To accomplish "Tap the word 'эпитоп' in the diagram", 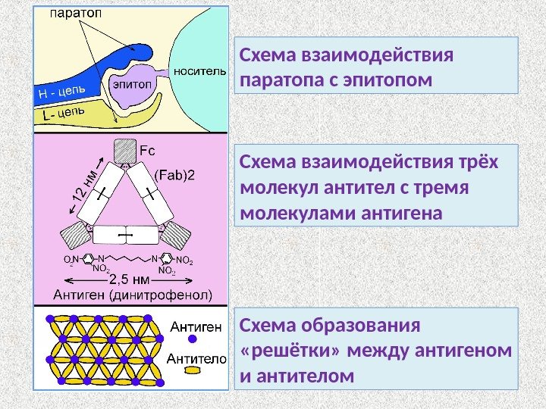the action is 131,85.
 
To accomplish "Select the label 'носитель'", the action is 199,72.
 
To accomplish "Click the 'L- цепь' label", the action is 63,114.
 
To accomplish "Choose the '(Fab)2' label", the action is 174,175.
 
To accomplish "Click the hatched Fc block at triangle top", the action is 124,151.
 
